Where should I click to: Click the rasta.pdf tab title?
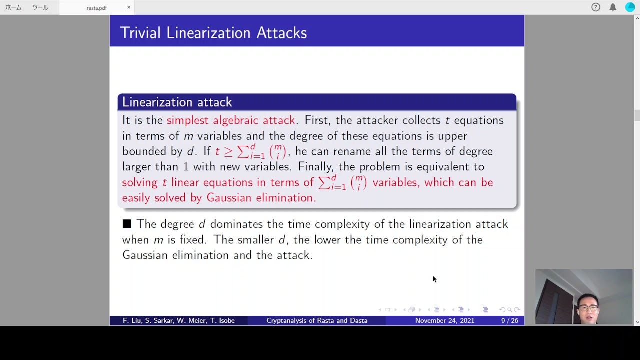click(97, 8)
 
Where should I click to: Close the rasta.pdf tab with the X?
click(129, 7)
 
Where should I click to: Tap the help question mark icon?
click(595, 7)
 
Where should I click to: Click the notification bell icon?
click(613, 7)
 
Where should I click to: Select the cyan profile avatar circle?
click(630, 7)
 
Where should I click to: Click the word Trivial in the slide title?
click(140, 33)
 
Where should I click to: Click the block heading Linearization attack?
click(177, 102)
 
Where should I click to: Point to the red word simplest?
click(187, 120)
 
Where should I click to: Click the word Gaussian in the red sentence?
click(229, 197)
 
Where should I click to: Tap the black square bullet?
click(127, 223)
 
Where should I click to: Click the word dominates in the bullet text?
click(236, 224)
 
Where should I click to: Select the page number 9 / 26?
click(509, 320)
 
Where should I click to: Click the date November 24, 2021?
click(445, 320)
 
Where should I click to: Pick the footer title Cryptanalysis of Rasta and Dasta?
click(317, 320)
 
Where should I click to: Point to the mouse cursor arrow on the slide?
click(434, 279)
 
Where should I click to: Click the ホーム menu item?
click(13, 7)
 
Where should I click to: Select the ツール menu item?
click(40, 7)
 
